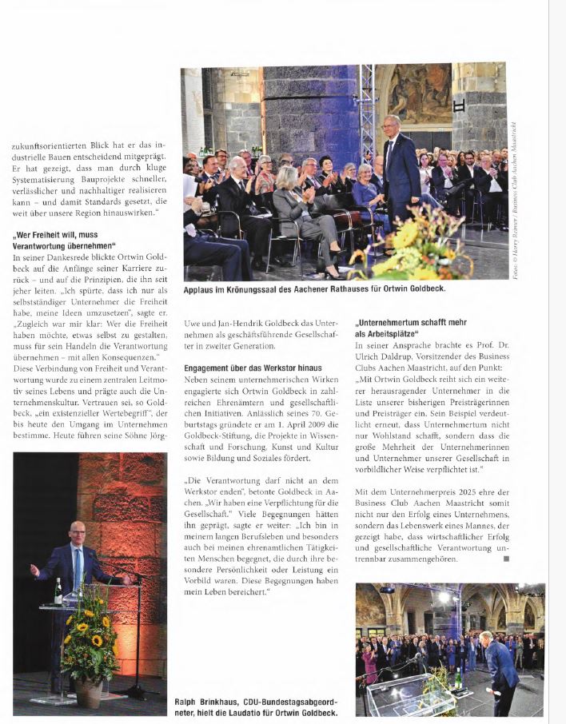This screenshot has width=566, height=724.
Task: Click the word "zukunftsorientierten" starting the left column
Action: tap(45, 147)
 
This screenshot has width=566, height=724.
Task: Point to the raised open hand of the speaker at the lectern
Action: tap(34, 570)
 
